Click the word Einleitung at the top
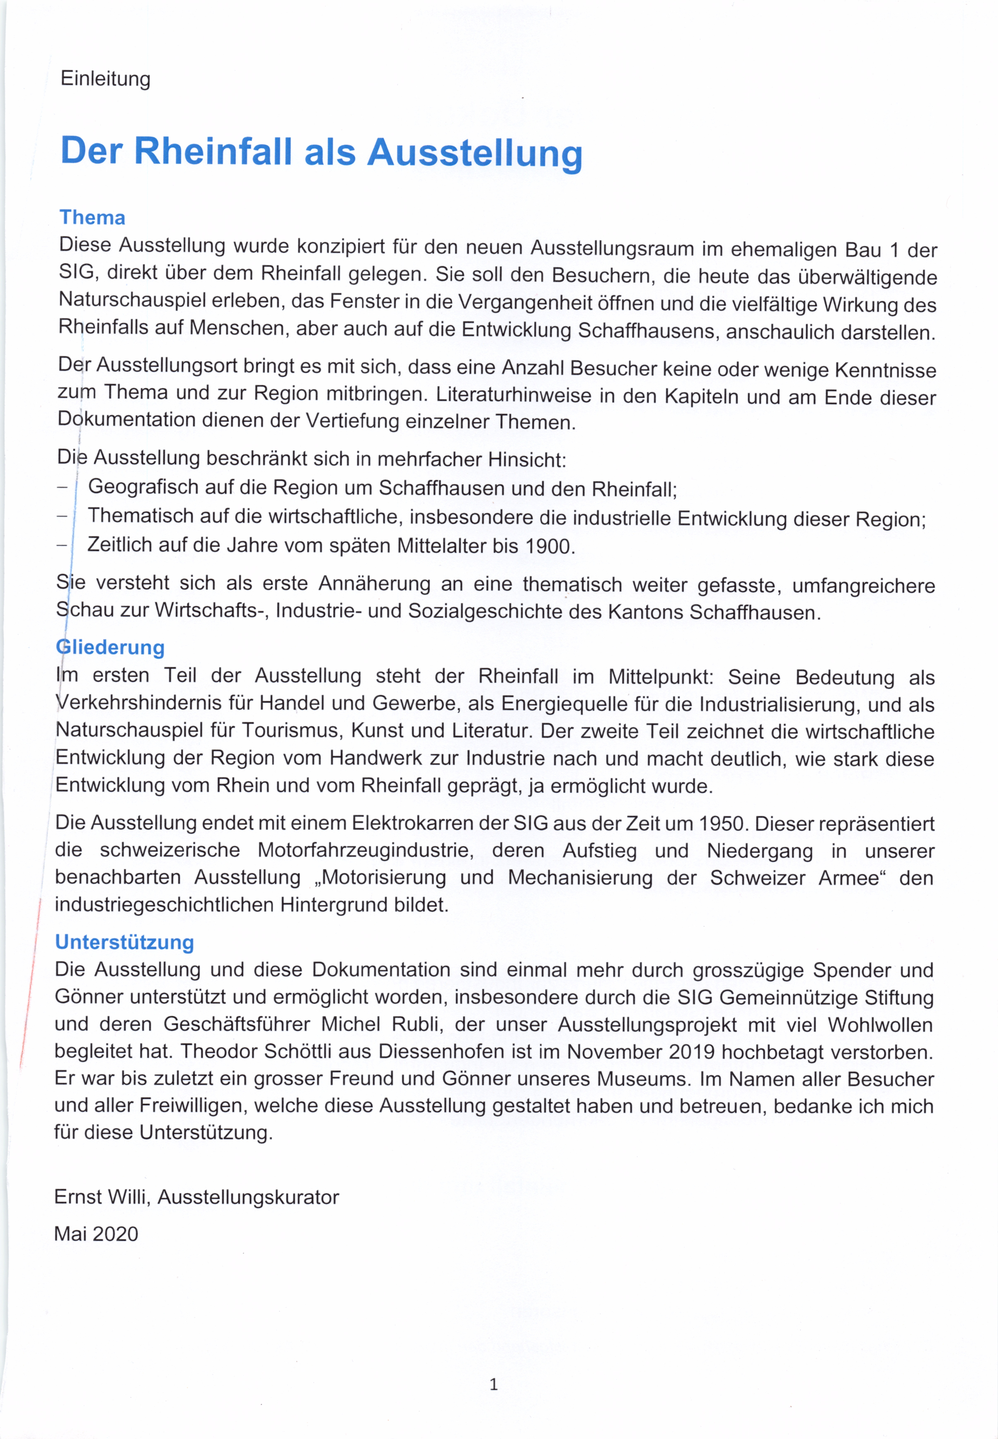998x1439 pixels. (105, 80)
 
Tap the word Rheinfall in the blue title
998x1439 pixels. (213, 152)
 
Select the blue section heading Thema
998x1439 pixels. (92, 217)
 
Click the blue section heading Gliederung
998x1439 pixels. (110, 647)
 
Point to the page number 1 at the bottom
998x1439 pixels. (493, 1385)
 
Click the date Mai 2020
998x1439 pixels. (96, 1234)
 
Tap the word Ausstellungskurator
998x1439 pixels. (248, 1197)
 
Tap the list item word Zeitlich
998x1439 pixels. (118, 545)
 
